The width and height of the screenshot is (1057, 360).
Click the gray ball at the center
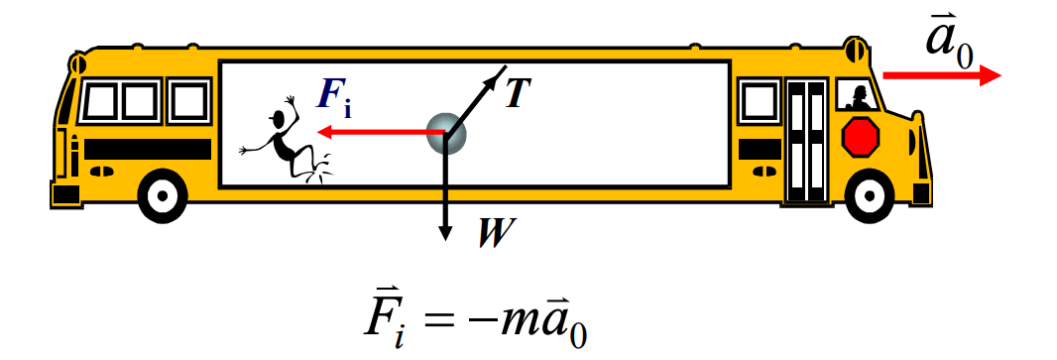446,132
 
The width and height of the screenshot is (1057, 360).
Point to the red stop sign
861,136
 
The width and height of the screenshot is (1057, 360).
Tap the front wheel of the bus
869,196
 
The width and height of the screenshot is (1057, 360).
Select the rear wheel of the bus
163,195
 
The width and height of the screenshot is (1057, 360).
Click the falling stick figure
286,142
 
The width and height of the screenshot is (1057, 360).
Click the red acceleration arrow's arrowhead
990,75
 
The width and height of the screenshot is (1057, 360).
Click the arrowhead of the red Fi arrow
324,132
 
